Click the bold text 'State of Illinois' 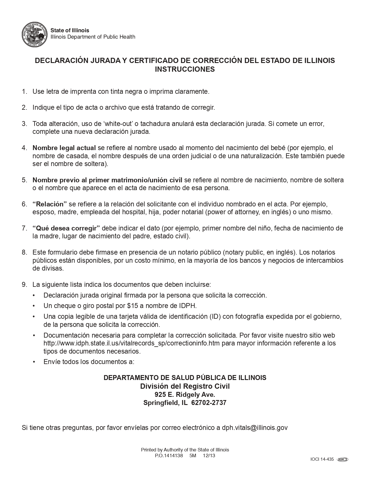pos(70,30)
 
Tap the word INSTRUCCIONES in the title pos(185,69)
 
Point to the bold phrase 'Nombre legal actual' pos(64,148)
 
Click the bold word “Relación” pos(50,204)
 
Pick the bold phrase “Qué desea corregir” pos(66,228)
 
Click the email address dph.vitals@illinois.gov pos(255,428)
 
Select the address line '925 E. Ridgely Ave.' pos(185,395)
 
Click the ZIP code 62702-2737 pos(209,403)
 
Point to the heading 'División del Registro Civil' pos(185,386)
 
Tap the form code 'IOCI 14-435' pos(322,459)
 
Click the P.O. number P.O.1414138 pos(169,455)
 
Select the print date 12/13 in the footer pos(209,455)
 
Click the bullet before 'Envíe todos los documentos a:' pos(34,362)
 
